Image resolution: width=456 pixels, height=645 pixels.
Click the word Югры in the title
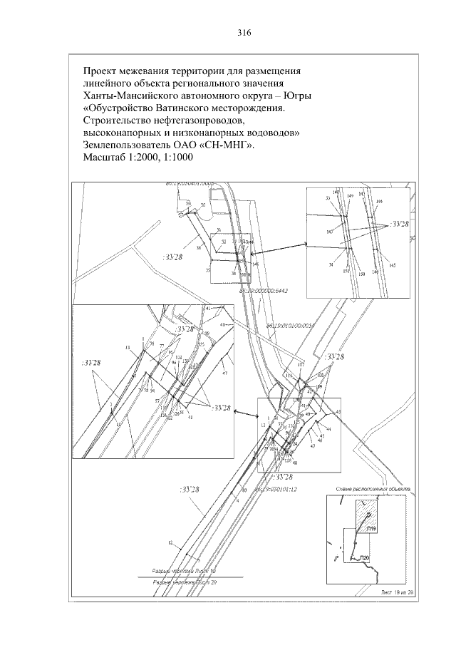299,96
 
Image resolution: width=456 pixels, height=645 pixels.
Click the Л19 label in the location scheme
371,530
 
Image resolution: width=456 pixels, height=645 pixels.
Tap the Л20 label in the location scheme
363,557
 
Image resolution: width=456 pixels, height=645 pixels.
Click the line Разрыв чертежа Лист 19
188,571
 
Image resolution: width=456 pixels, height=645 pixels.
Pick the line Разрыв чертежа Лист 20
188,583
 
